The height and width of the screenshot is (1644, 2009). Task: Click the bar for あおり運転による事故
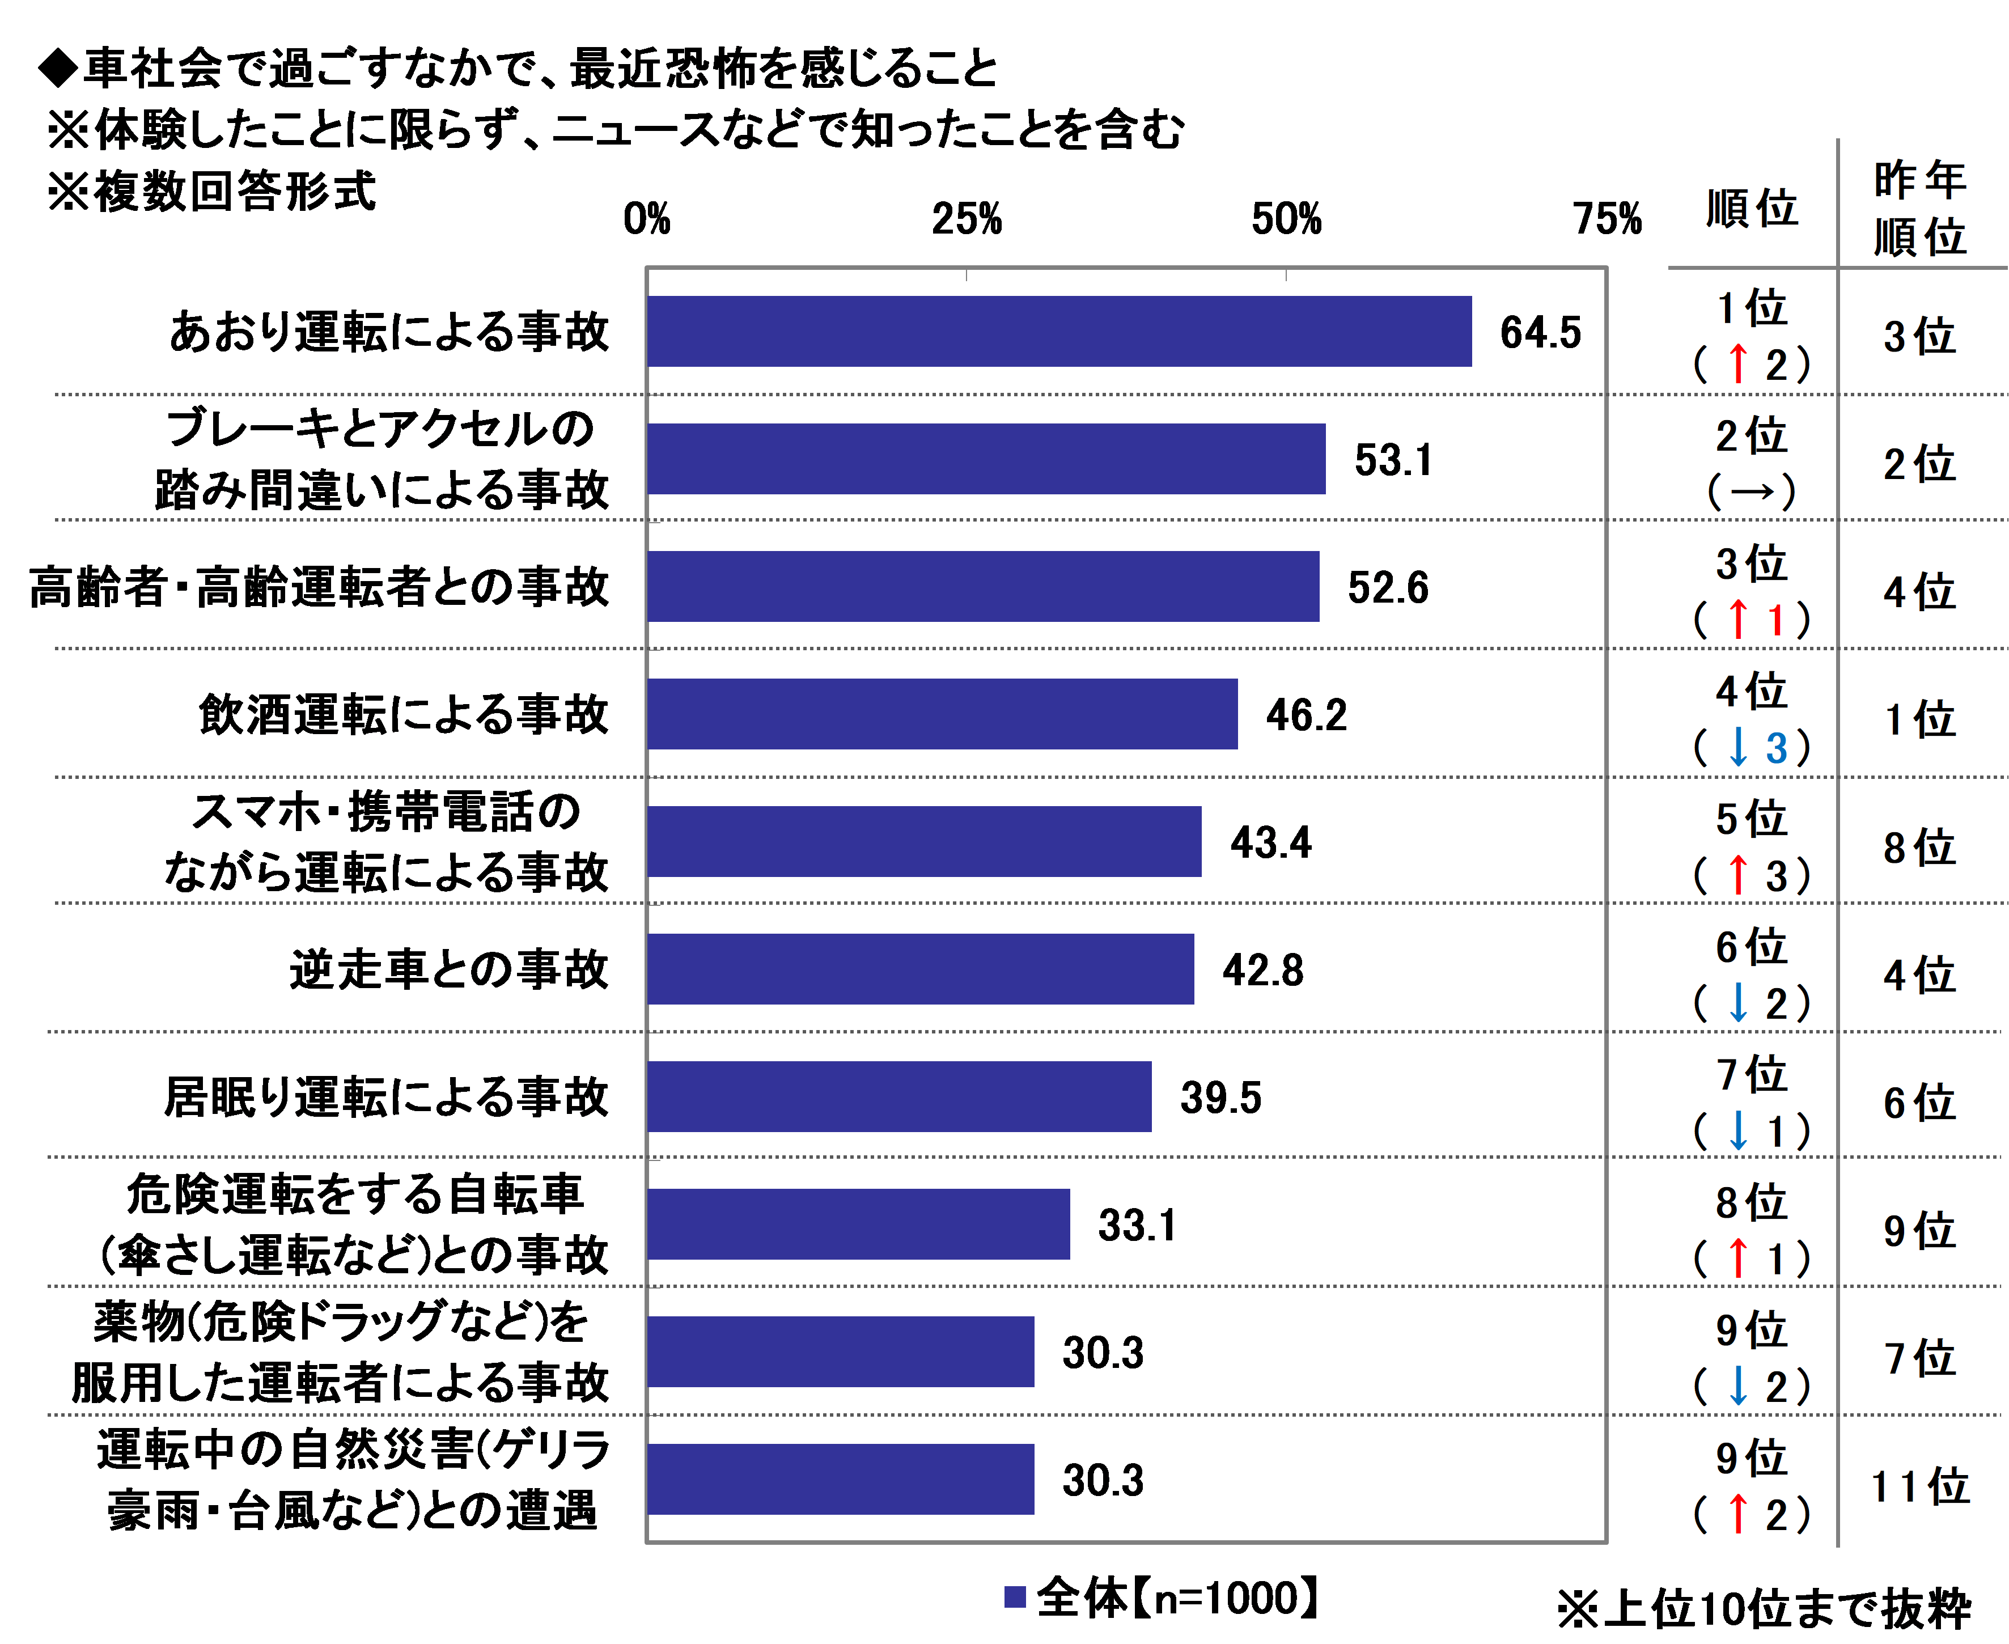(1058, 332)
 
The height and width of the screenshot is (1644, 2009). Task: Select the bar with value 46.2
(942, 714)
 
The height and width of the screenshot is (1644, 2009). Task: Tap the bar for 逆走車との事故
(920, 969)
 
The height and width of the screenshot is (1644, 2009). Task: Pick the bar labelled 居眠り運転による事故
(900, 1096)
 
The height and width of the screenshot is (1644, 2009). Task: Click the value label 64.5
(1540, 332)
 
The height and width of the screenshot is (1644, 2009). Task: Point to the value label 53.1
(1393, 460)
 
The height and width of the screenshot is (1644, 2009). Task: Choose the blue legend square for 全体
(1015, 1598)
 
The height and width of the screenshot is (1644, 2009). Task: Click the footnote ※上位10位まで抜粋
(1764, 1609)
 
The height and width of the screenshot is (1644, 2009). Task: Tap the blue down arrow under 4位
(1737, 748)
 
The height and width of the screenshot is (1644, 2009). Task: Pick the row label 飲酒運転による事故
(403, 714)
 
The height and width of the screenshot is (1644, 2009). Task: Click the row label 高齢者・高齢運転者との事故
(319, 587)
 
